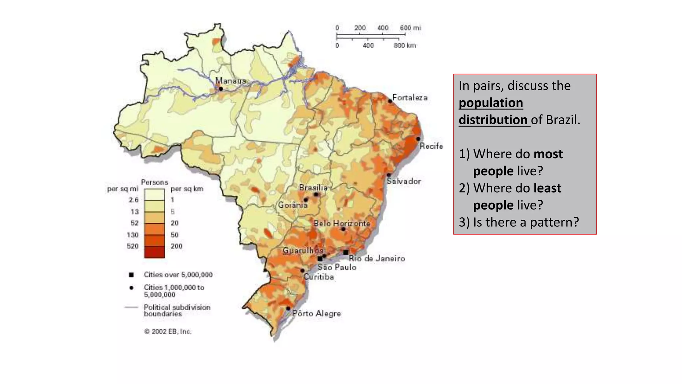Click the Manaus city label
click(230, 81)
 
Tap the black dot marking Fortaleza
click(390, 101)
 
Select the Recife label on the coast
click(431, 146)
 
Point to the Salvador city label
click(404, 181)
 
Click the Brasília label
click(313, 188)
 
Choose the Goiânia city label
click(293, 205)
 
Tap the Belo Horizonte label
click(342, 223)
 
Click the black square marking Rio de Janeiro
click(346, 252)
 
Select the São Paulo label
click(337, 267)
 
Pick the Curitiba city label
click(318, 277)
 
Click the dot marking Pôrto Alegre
click(288, 308)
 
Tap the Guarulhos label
click(303, 250)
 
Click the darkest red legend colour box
click(154, 252)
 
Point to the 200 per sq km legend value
click(176, 246)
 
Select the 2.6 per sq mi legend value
click(134, 200)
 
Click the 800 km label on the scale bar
click(405, 45)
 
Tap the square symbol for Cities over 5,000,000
click(131, 275)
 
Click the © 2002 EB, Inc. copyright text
click(168, 331)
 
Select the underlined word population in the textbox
click(491, 103)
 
